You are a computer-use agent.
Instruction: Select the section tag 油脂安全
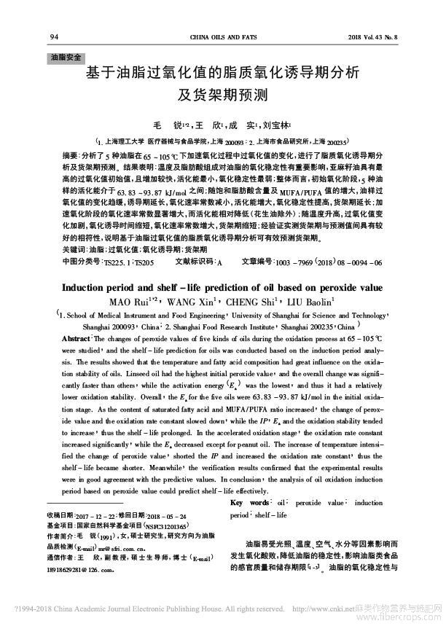point(66,56)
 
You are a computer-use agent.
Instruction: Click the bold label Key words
point(249,503)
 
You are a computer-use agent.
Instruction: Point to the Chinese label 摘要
point(71,156)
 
